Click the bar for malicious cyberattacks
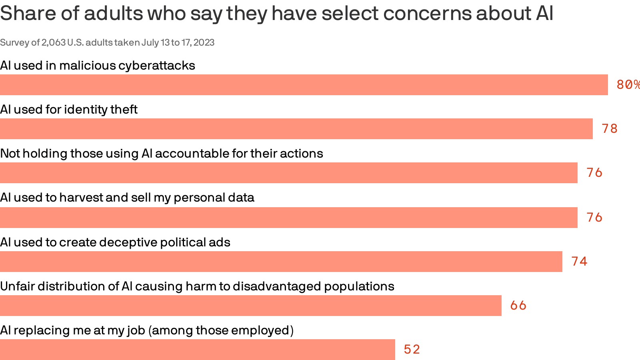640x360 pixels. point(304,85)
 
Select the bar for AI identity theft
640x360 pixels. point(296,129)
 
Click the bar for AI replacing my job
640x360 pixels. point(198,350)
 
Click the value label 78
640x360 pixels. point(610,129)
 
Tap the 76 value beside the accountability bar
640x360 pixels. point(594,173)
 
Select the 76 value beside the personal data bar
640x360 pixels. point(594,218)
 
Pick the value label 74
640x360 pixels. point(579,262)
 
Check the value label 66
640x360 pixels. point(518,306)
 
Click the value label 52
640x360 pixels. point(412,350)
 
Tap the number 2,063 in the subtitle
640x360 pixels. point(54,42)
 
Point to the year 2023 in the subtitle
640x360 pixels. point(204,42)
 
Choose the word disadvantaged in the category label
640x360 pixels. point(277,286)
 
